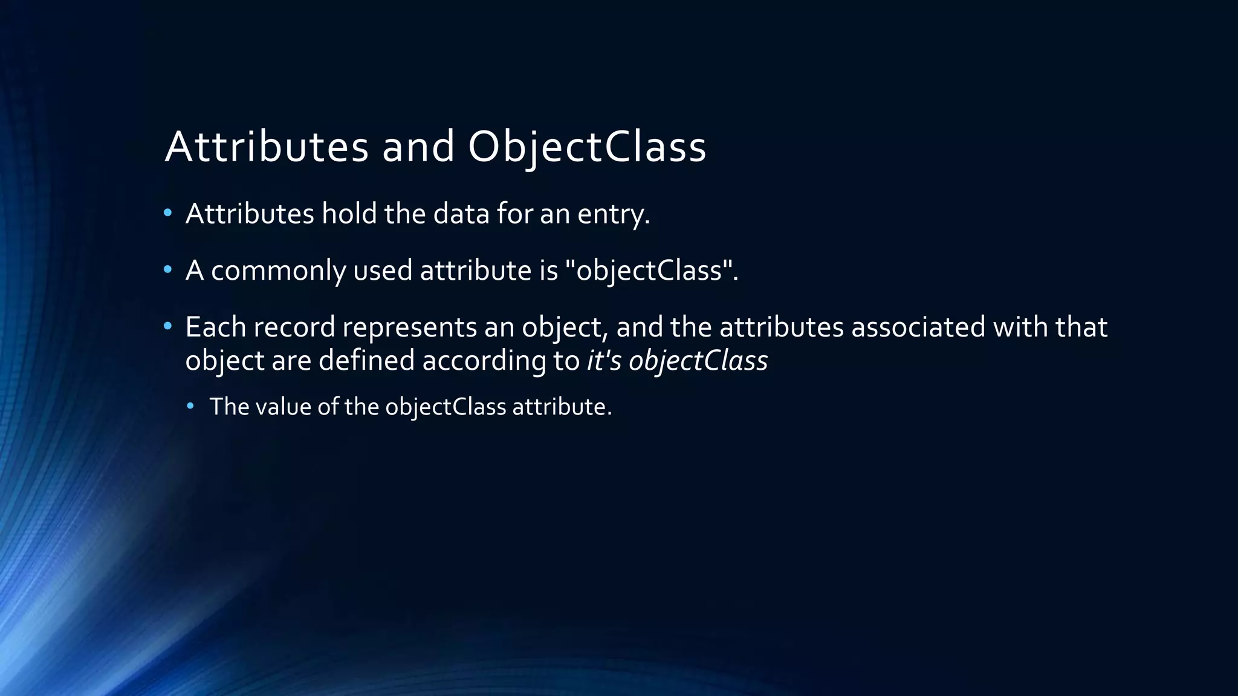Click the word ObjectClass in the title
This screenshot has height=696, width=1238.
[x=586, y=147]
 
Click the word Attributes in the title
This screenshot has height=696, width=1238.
[x=266, y=147]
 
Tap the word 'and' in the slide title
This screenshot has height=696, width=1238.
[x=418, y=147]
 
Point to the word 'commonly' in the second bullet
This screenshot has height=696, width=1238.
[x=278, y=270]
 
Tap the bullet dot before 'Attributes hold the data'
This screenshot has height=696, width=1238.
[x=168, y=213]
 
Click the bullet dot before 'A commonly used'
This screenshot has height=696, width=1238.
[x=168, y=269]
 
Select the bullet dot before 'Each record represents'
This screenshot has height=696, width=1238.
[x=168, y=326]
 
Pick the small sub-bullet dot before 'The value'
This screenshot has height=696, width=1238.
[x=190, y=405]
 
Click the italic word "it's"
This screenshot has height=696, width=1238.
[x=604, y=361]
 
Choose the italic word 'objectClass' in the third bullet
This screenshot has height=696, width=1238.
[x=698, y=361]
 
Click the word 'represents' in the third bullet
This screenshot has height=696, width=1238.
[x=409, y=327]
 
